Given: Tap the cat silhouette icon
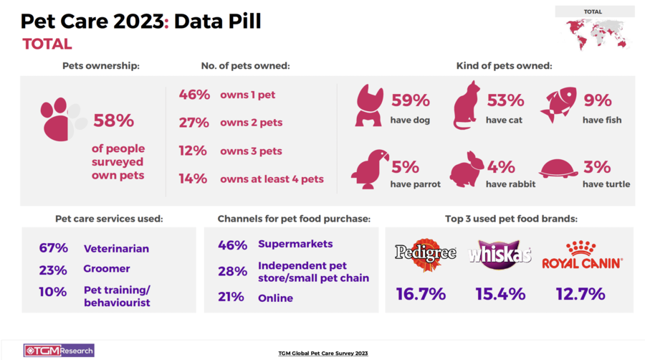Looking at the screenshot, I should click(x=467, y=106).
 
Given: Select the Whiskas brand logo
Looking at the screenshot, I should click(x=499, y=255).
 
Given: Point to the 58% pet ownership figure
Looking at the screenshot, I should click(x=115, y=120).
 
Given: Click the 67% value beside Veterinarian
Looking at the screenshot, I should click(x=54, y=248).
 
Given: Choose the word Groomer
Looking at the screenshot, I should click(x=107, y=269).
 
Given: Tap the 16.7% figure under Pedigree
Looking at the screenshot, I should click(x=421, y=294).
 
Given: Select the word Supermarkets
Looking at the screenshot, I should click(x=295, y=245).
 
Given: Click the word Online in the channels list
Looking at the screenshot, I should click(x=275, y=298).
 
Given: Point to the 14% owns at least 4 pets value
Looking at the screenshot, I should click(x=193, y=179).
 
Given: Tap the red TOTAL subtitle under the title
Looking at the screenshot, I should click(x=47, y=44).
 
